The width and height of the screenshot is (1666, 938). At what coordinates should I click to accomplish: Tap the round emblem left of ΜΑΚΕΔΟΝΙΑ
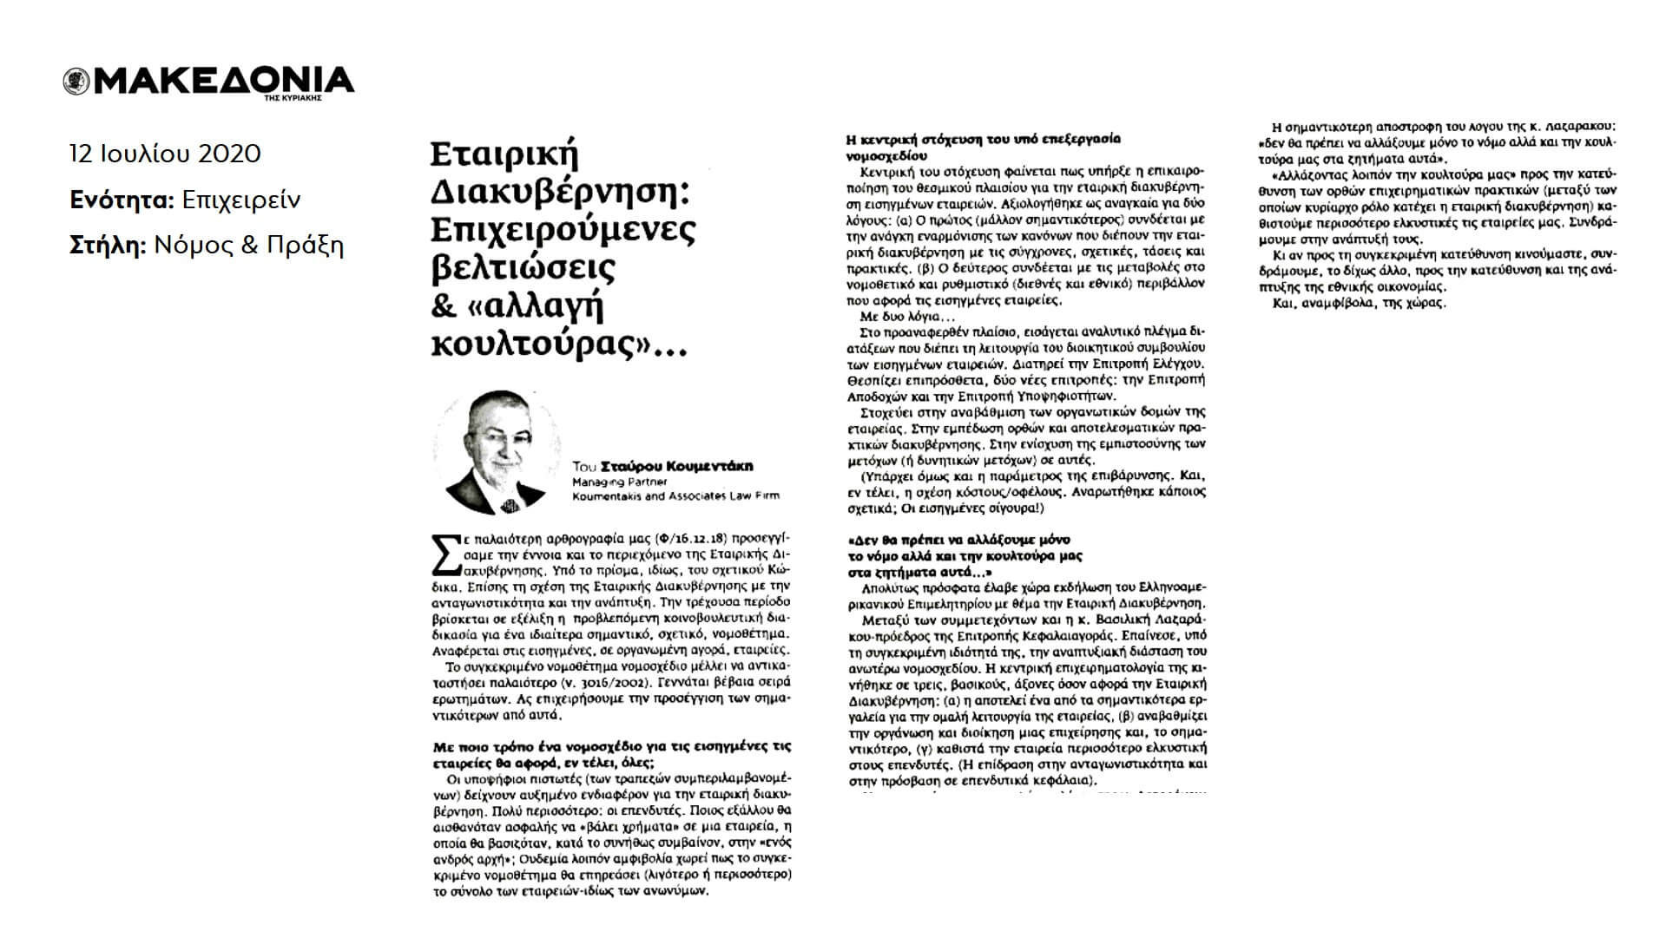pos(74,82)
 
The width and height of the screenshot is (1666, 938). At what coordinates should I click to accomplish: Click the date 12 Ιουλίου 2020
pos(165,154)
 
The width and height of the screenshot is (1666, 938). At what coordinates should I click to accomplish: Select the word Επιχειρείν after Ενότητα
pos(241,200)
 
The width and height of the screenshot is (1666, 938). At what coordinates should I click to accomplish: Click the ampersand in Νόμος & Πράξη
pos(249,246)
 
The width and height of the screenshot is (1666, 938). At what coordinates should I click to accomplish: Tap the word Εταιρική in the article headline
pos(504,156)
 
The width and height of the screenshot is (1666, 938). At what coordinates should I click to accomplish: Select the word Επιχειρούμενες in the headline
pos(563,230)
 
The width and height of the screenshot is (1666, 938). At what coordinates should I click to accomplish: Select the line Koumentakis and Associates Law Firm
pos(675,495)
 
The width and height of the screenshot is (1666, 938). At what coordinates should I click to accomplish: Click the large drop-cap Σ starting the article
pos(446,555)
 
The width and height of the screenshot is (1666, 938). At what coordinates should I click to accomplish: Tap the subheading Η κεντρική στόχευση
pos(982,139)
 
